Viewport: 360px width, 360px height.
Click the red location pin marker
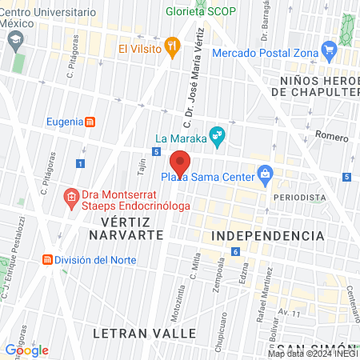180,163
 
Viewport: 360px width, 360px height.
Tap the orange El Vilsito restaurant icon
171,46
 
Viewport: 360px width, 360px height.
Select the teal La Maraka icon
214,134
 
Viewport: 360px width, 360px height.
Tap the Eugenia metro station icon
90,122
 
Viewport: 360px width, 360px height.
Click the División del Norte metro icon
49,260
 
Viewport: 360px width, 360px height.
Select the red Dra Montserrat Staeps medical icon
71,196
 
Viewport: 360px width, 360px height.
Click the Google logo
26,350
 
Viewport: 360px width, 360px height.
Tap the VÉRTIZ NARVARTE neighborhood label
126,227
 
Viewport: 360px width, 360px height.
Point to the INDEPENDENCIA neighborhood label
269,236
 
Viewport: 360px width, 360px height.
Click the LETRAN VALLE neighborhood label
144,331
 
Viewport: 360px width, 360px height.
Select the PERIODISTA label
299,196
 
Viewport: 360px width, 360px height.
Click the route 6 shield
236,252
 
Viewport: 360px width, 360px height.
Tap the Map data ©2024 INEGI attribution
312,353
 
